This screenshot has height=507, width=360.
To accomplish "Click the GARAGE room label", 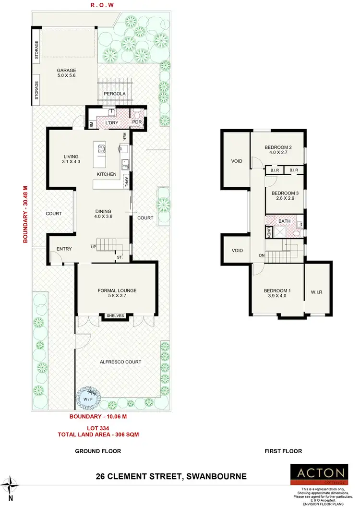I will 66,71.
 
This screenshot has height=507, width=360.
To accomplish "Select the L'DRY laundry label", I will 111,123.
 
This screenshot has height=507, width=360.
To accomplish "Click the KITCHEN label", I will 107,174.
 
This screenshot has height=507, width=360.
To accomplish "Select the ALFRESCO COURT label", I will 120,362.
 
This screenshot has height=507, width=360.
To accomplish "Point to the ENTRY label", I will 64,249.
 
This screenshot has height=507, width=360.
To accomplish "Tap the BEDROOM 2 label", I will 278,147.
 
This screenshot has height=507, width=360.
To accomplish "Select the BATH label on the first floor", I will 285,221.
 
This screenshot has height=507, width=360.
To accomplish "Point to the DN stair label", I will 262,255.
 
